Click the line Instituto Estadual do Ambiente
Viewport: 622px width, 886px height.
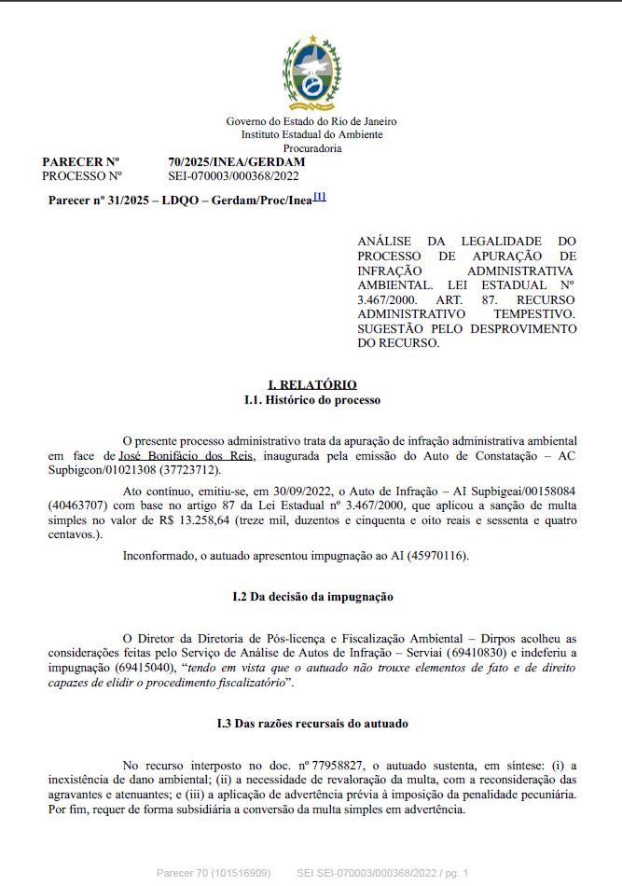click(311, 134)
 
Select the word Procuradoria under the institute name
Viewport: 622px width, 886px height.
click(311, 147)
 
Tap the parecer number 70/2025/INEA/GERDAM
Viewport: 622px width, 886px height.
click(236, 161)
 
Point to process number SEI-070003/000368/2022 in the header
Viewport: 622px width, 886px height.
click(233, 174)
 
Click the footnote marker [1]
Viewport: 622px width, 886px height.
click(319, 197)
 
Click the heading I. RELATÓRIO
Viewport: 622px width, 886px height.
click(311, 384)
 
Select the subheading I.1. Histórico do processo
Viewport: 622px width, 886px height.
click(311, 399)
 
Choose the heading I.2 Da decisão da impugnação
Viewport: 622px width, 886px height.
click(311, 596)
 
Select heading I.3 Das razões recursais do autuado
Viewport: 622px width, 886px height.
click(311, 723)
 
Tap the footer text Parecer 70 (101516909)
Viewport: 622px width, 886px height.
click(213, 873)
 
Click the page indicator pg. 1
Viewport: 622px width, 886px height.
click(454, 873)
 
